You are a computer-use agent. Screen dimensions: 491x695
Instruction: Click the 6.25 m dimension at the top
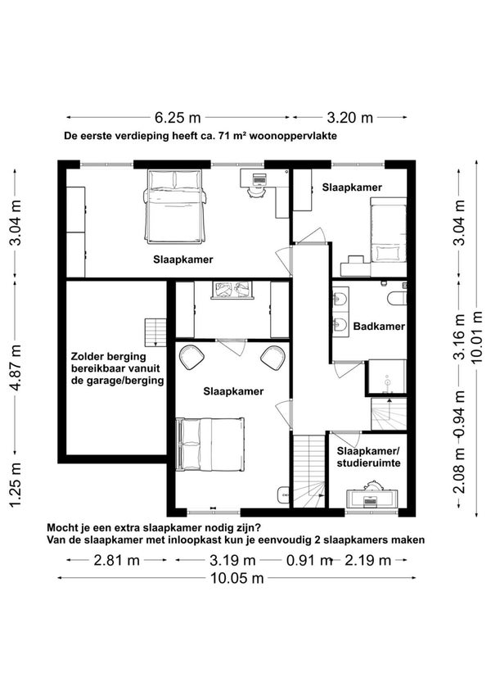pyautogui.click(x=178, y=117)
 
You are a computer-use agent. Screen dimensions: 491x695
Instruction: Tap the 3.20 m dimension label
pyautogui.click(x=350, y=117)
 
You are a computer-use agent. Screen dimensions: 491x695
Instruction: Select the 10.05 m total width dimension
pyautogui.click(x=237, y=578)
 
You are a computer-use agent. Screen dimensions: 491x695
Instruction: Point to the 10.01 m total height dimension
pyautogui.click(x=476, y=337)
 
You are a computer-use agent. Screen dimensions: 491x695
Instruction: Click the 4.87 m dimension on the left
pyautogui.click(x=16, y=368)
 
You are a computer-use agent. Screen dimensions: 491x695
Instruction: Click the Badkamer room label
pyautogui.click(x=379, y=327)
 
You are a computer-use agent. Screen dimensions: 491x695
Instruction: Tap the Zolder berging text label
pyautogui.click(x=109, y=356)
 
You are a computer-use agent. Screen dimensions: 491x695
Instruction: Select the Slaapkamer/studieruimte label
pyautogui.click(x=369, y=457)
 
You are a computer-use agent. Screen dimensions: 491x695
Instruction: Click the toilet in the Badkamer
pyautogui.click(x=397, y=298)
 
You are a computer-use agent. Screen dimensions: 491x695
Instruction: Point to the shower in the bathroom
pyautogui.click(x=388, y=377)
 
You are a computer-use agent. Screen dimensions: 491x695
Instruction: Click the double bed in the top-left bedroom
pyautogui.click(x=175, y=206)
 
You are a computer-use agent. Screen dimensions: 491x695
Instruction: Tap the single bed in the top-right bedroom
pyautogui.click(x=388, y=237)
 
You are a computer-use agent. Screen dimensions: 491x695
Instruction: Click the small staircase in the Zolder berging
pyautogui.click(x=155, y=332)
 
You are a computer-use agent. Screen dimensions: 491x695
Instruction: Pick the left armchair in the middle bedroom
pyautogui.click(x=191, y=357)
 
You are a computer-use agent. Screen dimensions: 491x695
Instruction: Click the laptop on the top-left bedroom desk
pyautogui.click(x=259, y=179)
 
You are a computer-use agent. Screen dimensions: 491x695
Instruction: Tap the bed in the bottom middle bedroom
pyautogui.click(x=210, y=444)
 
